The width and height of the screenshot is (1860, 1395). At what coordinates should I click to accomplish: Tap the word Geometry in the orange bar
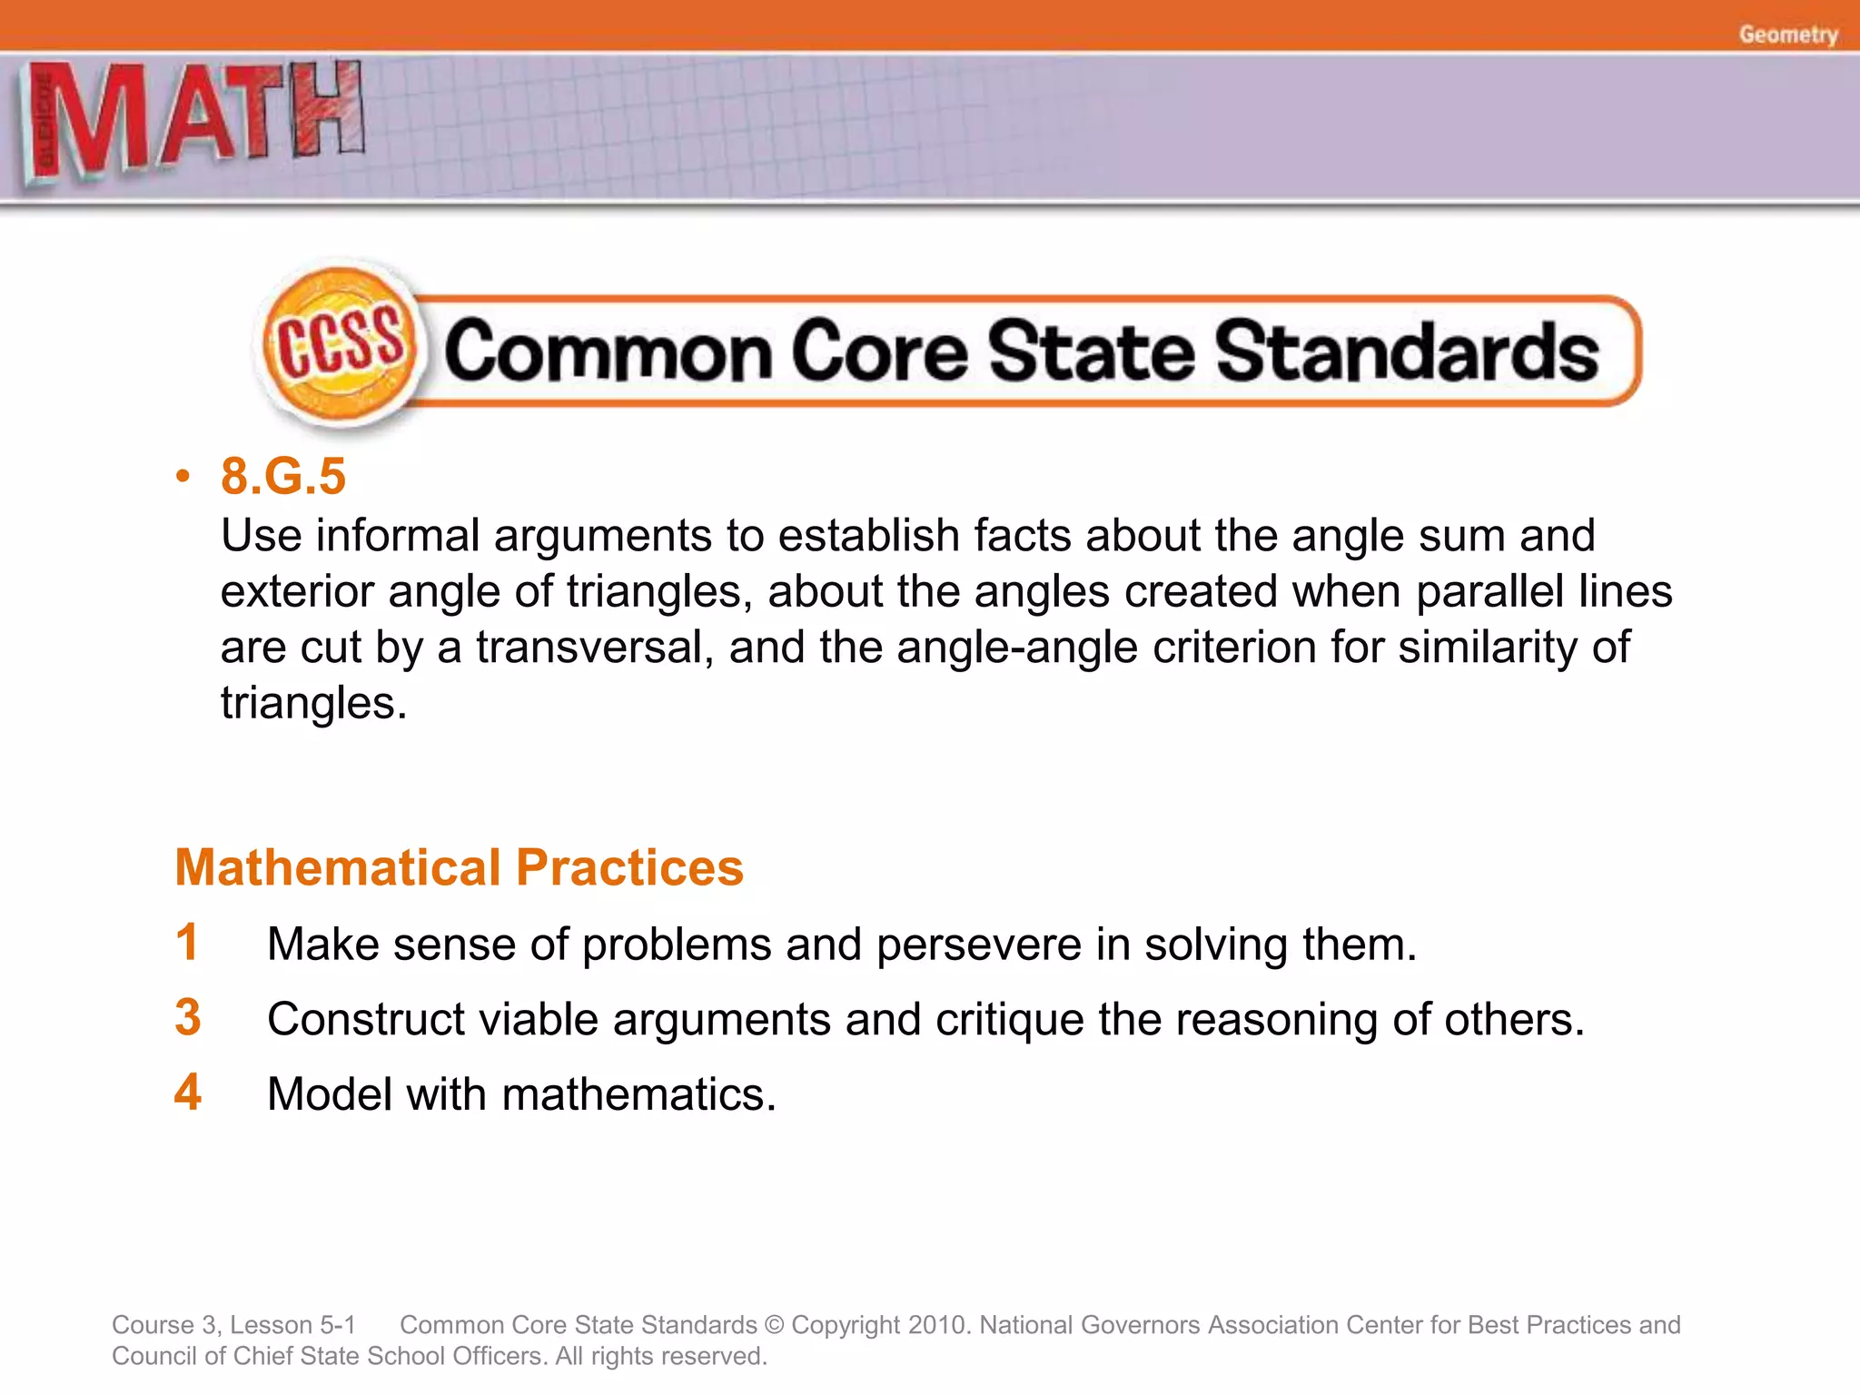(1787, 35)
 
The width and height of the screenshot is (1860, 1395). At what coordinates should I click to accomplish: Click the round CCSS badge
(339, 346)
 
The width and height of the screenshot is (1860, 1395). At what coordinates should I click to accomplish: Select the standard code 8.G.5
(283, 476)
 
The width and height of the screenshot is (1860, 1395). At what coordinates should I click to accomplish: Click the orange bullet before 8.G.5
(183, 476)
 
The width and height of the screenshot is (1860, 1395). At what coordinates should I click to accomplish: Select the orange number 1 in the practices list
(187, 942)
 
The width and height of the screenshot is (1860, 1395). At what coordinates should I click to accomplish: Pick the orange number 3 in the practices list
(188, 1017)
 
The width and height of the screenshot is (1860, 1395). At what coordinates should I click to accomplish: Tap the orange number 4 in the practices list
(188, 1093)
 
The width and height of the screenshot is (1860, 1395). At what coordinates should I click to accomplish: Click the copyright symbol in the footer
(775, 1325)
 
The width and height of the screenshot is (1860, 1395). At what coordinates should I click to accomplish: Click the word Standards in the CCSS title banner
(1407, 351)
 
